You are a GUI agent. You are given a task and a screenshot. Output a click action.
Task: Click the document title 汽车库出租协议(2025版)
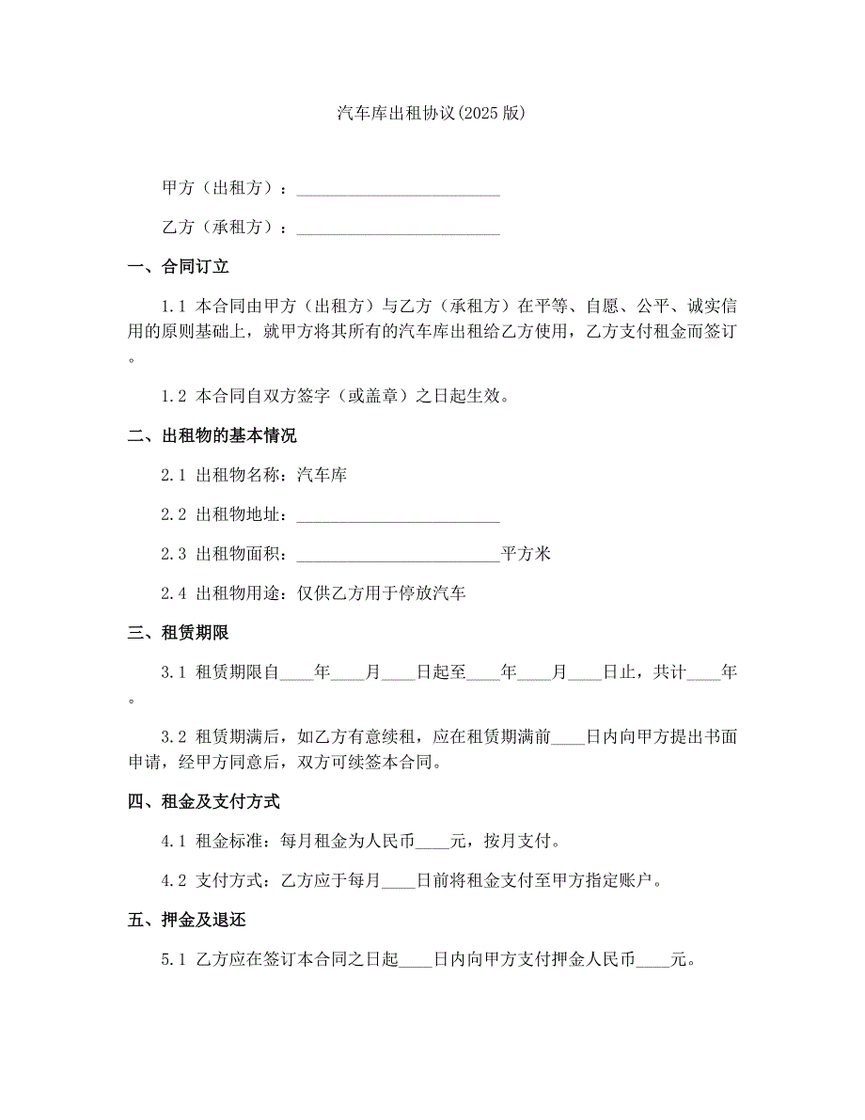click(x=432, y=113)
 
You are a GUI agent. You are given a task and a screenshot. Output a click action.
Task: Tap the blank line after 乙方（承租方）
click(x=398, y=229)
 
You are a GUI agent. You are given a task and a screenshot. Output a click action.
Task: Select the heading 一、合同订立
click(x=179, y=267)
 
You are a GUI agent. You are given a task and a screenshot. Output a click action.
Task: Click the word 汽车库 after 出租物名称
click(x=322, y=475)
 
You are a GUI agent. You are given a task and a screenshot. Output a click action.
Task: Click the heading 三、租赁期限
click(x=179, y=633)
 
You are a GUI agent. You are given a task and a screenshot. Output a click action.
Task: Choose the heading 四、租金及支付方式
click(x=204, y=802)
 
